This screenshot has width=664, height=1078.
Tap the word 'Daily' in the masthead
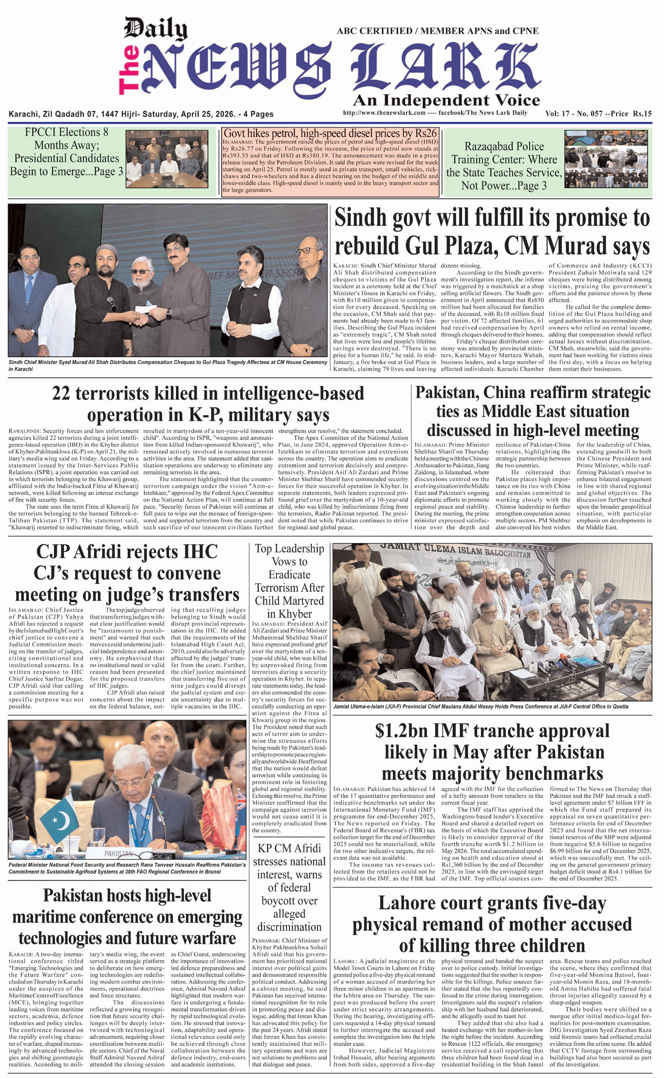[155, 29]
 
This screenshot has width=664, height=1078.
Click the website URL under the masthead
[384, 113]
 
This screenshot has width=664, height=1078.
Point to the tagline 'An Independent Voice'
[446, 100]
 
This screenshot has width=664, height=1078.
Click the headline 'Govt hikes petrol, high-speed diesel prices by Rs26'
[330, 133]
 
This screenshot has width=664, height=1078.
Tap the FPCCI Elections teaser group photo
[166, 158]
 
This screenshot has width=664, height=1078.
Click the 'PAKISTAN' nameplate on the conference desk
[119, 853]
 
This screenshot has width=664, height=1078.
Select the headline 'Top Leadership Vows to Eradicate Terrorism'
[289, 581]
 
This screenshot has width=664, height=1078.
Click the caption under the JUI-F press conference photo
[480, 706]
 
